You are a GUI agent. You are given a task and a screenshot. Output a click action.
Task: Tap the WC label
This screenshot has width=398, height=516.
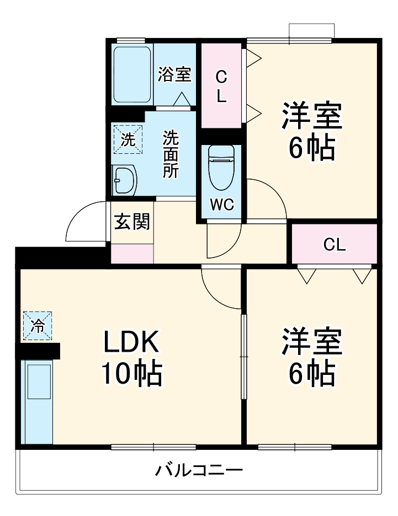tap(221, 204)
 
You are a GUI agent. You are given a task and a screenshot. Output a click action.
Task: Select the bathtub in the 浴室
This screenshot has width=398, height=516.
tap(132, 74)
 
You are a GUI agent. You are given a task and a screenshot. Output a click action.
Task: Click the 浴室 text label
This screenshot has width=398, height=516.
tap(174, 74)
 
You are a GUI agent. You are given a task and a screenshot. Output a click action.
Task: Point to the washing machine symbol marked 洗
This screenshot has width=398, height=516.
tap(128, 139)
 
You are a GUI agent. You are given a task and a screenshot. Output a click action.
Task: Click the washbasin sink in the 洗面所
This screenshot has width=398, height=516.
tap(125, 180)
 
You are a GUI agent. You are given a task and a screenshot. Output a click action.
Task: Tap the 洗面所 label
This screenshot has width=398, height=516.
tap(170, 154)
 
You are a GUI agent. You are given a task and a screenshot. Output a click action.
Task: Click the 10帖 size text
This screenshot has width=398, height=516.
tap(131, 375)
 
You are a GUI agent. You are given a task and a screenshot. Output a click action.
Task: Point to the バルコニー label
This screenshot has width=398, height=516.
tap(198, 471)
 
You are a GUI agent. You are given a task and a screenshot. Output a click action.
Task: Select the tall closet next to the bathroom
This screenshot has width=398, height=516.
tap(221, 85)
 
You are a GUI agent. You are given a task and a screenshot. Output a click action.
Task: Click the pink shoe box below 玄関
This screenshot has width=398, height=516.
tap(132, 252)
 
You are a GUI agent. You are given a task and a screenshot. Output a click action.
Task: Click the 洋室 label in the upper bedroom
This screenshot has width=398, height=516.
tap(311, 116)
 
